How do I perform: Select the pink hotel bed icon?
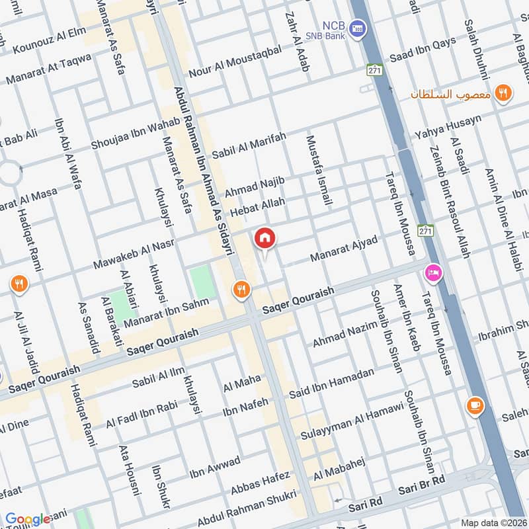pos(433,272)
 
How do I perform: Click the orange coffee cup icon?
pos(473,405)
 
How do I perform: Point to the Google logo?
pos(28,519)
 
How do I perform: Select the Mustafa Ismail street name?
pos(318,170)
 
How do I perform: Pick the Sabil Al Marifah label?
pos(249,145)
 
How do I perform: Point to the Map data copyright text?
pos(493,522)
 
